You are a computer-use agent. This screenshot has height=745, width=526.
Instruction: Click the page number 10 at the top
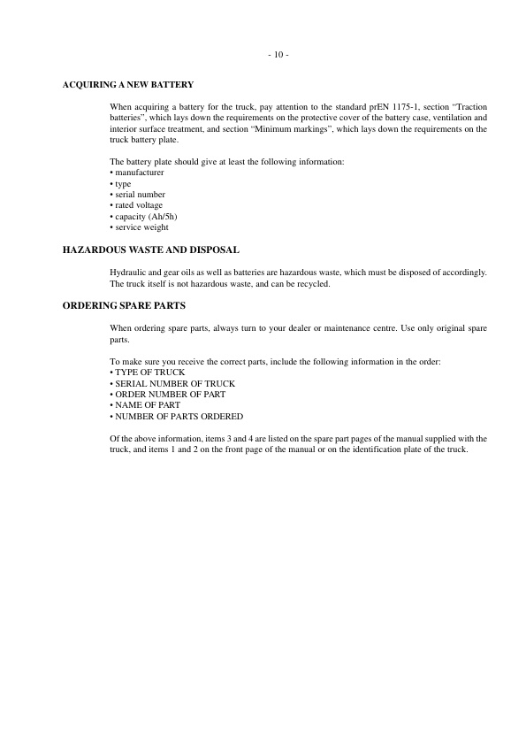(x=278, y=55)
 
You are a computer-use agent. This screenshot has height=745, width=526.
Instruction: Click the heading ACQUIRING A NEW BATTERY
(x=127, y=85)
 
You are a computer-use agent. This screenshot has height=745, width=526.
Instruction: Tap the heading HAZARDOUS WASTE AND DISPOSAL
(x=151, y=250)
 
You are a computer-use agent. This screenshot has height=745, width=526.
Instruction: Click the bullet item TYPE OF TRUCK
(x=148, y=372)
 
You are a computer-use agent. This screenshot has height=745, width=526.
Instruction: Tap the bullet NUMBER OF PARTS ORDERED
(x=177, y=417)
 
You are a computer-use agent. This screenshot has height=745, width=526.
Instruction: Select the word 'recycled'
(x=315, y=284)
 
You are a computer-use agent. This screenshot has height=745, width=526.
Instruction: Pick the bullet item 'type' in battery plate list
(x=122, y=183)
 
